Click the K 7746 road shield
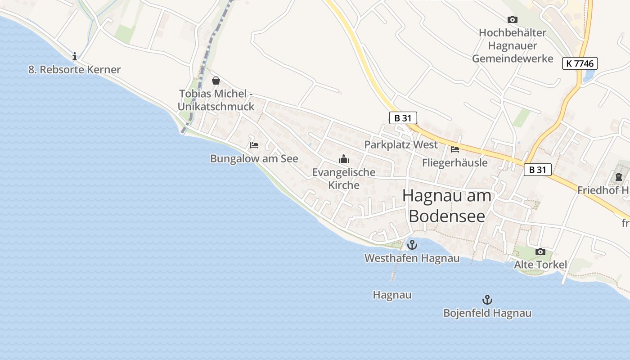pyautogui.click(x=580, y=63)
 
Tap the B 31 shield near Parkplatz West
pyautogui.click(x=403, y=118)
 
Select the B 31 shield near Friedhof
pyautogui.click(x=537, y=170)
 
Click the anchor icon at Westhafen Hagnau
pyautogui.click(x=412, y=245)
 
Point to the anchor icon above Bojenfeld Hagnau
pyautogui.click(x=487, y=300)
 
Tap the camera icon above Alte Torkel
pyautogui.click(x=540, y=252)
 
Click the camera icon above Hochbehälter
pyautogui.click(x=512, y=19)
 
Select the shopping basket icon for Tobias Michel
pyautogui.click(x=216, y=81)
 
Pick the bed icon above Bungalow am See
pyautogui.click(x=254, y=145)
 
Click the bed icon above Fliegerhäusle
pyautogui.click(x=455, y=149)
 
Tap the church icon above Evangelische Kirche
pyautogui.click(x=344, y=159)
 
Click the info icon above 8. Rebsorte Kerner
pyautogui.click(x=75, y=56)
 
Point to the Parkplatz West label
pyautogui.click(x=400, y=145)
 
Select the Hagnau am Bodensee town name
pyautogui.click(x=447, y=206)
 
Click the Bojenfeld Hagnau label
pyautogui.click(x=487, y=313)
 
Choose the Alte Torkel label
pyautogui.click(x=540, y=265)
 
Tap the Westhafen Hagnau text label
pyautogui.click(x=412, y=258)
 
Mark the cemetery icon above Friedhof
pyautogui.click(x=618, y=177)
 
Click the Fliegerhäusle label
pyautogui.click(x=454, y=162)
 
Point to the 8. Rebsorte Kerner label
pyautogui.click(x=75, y=70)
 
